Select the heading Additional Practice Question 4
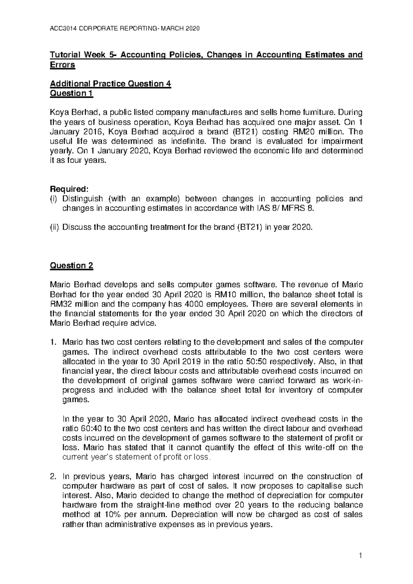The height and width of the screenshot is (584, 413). coord(110,84)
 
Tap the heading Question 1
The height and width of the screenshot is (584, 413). coord(71,93)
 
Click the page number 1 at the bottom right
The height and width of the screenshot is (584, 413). coord(358,556)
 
